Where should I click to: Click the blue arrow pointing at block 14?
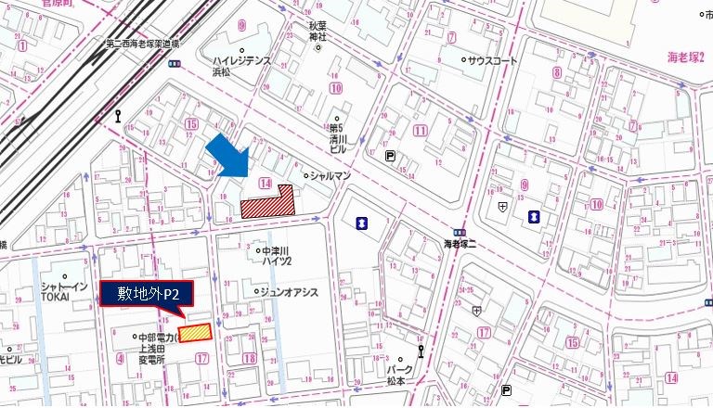point(228,154)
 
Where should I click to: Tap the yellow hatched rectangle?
point(195,333)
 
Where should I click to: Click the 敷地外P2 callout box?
point(146,294)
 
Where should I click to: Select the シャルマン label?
point(329,173)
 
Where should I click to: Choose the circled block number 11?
point(421,131)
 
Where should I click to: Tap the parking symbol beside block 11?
point(390,157)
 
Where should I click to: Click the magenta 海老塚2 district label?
point(687,57)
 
